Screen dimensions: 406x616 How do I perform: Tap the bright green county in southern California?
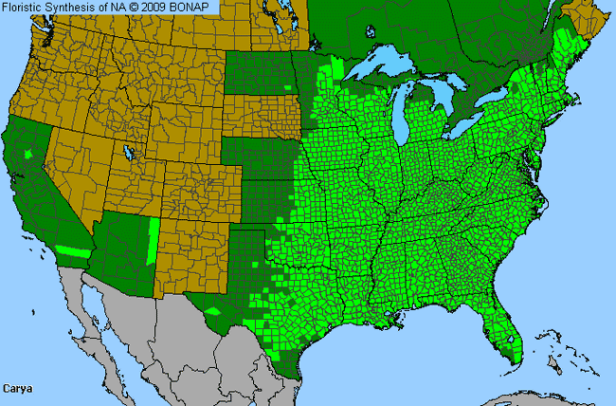(x=70, y=251)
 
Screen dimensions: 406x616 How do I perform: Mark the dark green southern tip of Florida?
(x=515, y=358)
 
